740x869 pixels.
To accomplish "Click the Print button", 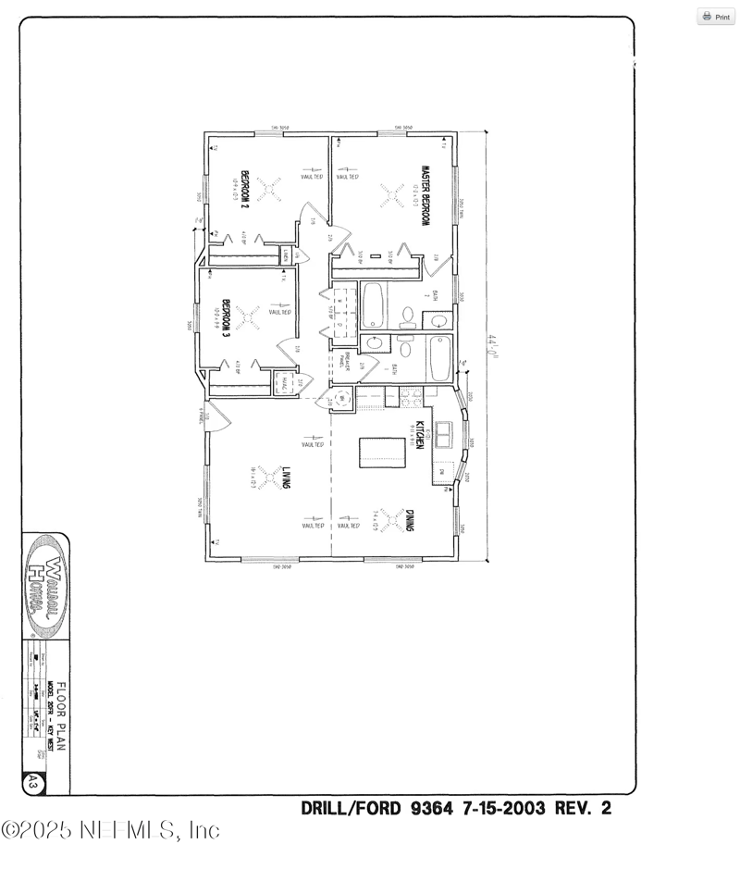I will coord(716,17).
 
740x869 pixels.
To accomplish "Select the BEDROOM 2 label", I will coord(245,190).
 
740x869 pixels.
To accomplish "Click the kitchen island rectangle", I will coord(384,449).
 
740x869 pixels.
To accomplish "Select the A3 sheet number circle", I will coord(32,783).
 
